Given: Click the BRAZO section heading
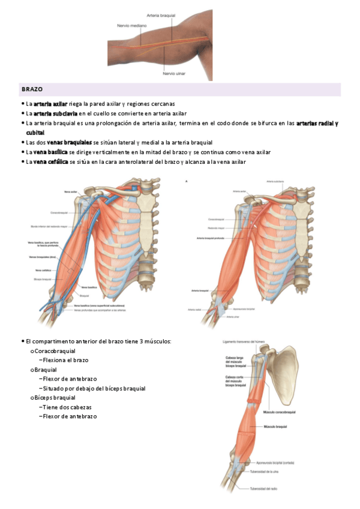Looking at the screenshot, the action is [x=32, y=89].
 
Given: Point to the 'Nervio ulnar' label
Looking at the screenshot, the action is [x=175, y=74].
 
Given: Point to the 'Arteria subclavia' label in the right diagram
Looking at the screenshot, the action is [x=275, y=180].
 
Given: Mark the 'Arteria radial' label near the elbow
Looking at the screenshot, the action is [x=194, y=310].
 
